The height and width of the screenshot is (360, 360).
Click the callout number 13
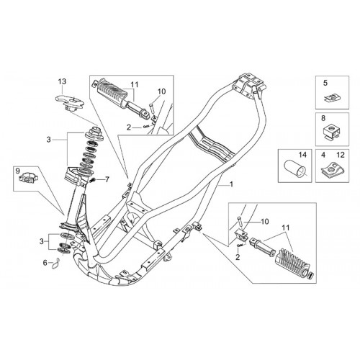[62, 81]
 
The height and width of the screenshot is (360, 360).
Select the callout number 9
[18, 171]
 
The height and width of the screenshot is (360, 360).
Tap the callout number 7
[107, 179]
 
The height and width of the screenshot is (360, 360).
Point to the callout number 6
[45, 263]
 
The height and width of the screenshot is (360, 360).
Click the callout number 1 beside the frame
[231, 184]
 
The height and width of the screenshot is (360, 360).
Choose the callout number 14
[302, 155]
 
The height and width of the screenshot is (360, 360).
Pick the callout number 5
[325, 83]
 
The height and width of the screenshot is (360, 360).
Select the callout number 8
[323, 118]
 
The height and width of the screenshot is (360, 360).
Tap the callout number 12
[341, 155]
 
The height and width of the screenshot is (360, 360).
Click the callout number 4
[323, 155]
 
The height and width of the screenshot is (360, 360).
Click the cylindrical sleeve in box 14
[294, 169]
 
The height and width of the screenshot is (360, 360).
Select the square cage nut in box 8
[331, 131]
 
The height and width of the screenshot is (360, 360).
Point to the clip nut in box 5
[333, 98]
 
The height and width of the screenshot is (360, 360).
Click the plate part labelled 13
[70, 102]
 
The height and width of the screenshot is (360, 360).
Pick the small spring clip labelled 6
[56, 264]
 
